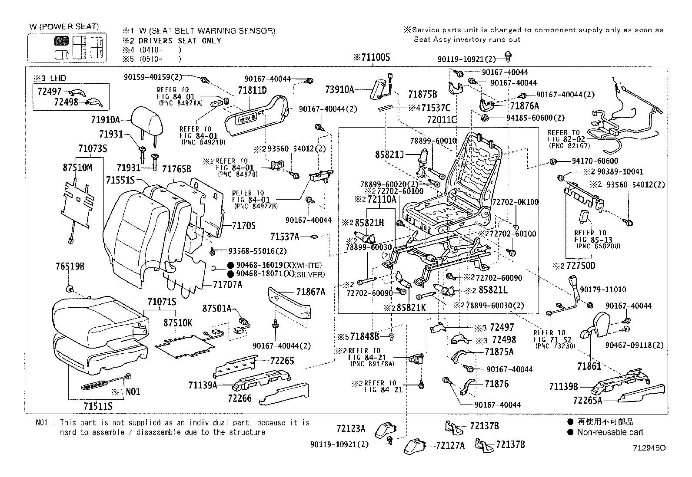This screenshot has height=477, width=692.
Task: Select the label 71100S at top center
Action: [x=372, y=57]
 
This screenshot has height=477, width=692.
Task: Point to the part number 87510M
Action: [x=77, y=168]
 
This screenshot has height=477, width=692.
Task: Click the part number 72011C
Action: [x=442, y=120]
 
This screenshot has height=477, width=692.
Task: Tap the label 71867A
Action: [x=311, y=292]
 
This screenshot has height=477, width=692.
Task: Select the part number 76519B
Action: [x=70, y=266]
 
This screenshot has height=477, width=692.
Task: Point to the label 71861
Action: [x=589, y=366]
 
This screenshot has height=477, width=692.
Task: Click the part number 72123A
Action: [x=351, y=429]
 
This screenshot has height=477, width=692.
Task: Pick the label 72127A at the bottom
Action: [x=450, y=445]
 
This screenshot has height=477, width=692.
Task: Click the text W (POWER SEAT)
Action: [x=64, y=27]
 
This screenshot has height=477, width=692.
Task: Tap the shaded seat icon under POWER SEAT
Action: [x=61, y=41]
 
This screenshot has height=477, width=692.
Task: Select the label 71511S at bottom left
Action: [x=98, y=406]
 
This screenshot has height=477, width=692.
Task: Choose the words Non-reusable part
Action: [x=610, y=432]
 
